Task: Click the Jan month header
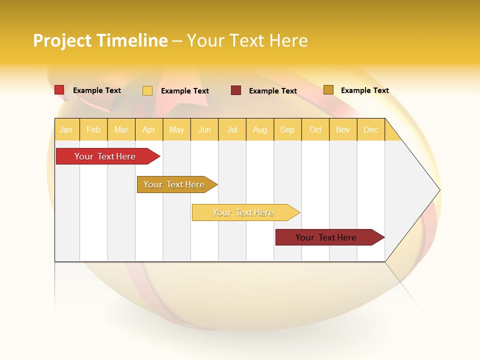(66, 129)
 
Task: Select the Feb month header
(93, 129)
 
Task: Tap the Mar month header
(121, 129)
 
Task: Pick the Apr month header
(149, 129)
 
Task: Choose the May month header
(176, 129)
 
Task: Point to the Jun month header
(204, 129)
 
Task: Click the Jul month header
(232, 129)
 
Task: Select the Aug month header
(260, 129)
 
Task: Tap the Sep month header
(287, 129)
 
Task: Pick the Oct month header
(315, 129)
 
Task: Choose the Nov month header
(343, 129)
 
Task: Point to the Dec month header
(371, 129)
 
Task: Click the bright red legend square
(59, 90)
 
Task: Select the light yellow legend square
(147, 90)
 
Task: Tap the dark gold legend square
(328, 90)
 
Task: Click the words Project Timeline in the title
(100, 40)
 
